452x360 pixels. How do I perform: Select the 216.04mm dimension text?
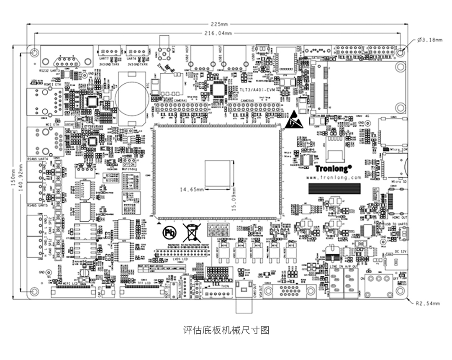click(218, 33)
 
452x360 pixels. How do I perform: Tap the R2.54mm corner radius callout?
click(428, 303)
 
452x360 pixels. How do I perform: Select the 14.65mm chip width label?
click(192, 189)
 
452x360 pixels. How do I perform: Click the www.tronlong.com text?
click(334, 177)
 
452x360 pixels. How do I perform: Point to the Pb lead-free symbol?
click(169, 231)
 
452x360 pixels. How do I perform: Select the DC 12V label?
click(401, 251)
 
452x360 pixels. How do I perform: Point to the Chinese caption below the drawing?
click(226, 330)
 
